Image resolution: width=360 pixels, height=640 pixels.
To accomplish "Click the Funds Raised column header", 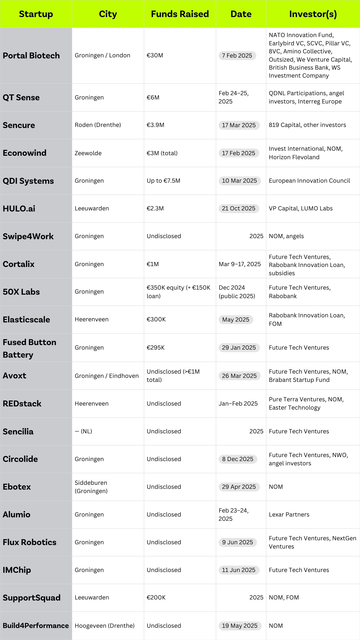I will point(180,14).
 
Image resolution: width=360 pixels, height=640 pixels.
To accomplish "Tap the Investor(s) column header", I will point(313,14).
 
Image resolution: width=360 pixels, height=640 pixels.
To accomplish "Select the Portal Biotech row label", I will point(31,55).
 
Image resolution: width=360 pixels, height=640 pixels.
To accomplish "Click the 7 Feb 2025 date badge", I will point(237,55).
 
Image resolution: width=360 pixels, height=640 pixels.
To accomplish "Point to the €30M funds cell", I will point(155,55).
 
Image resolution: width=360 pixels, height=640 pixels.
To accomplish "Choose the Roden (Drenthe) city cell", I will point(98,125).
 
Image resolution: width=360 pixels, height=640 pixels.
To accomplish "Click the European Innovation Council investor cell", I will point(309,181).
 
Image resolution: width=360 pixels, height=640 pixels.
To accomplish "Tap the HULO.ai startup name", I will point(19,209).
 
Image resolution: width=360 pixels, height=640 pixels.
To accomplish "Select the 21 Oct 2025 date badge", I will point(239,209).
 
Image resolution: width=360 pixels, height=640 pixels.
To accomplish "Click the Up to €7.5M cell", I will point(163,181).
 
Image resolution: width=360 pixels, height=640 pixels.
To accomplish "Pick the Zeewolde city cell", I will point(88,153).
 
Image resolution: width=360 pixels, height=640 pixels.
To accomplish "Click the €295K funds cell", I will point(156,348).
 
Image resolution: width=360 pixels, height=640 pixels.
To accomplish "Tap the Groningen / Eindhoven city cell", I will point(107,376).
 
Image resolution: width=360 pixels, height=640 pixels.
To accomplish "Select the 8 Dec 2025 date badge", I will point(238,459).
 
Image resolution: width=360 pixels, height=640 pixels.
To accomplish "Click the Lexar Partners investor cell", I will point(289,515).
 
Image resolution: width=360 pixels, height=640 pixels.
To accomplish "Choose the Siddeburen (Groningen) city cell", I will point(91,487).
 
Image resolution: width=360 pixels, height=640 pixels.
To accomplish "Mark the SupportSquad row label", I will point(31,598).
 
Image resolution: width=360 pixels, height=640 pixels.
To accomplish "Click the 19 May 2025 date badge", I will point(240,626).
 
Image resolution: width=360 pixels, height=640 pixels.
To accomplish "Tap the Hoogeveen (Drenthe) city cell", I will point(105,626).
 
